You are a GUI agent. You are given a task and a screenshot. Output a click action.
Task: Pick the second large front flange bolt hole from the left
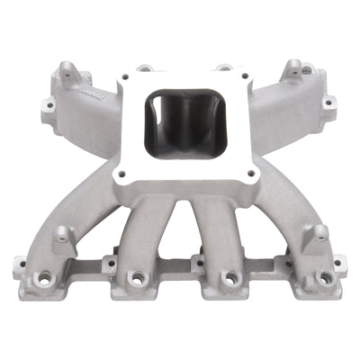pyautogui.click(x=137, y=280)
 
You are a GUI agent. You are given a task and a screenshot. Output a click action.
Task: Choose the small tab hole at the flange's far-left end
pyautogui.click(x=19, y=265)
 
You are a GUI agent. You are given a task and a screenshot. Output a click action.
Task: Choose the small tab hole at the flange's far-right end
pyautogui.click(x=339, y=265)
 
